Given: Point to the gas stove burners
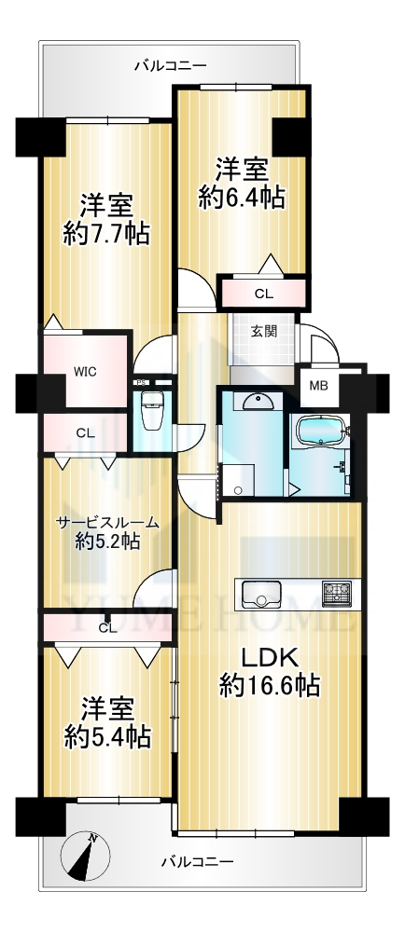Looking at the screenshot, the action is [337, 594].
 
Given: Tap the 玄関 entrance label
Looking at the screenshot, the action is [263, 332].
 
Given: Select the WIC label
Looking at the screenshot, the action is [86, 372].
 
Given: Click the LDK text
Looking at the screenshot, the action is [269, 658].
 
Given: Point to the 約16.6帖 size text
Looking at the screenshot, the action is [270, 686].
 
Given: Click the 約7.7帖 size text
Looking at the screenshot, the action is [106, 235].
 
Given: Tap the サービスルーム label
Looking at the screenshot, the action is [107, 523].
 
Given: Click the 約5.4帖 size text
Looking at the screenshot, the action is [107, 738].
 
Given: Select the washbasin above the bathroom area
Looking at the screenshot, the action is [258, 401].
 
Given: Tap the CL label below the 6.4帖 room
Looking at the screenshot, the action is [262, 294].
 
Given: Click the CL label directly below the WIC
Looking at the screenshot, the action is [86, 433].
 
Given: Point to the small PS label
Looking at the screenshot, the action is [141, 383].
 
